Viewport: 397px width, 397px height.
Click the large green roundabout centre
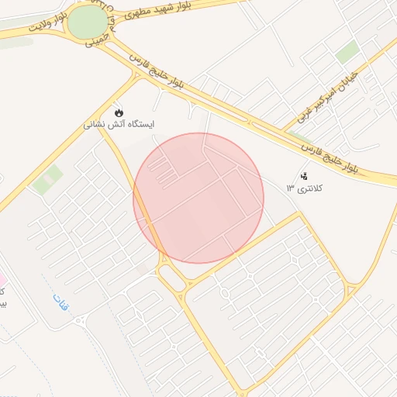[88, 22]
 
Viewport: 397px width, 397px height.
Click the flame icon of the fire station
[118, 110]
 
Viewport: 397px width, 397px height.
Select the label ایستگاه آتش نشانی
[119, 124]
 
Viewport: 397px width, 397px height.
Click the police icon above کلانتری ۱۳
[303, 176]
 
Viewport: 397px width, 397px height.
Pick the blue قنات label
[61, 303]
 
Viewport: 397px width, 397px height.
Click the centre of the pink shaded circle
[198, 198]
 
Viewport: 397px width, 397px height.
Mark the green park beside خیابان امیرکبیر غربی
[347, 52]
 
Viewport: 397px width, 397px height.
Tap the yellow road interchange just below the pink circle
[174, 275]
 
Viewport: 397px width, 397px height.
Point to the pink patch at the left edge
[2, 278]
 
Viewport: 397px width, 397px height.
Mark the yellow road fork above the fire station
[138, 75]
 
